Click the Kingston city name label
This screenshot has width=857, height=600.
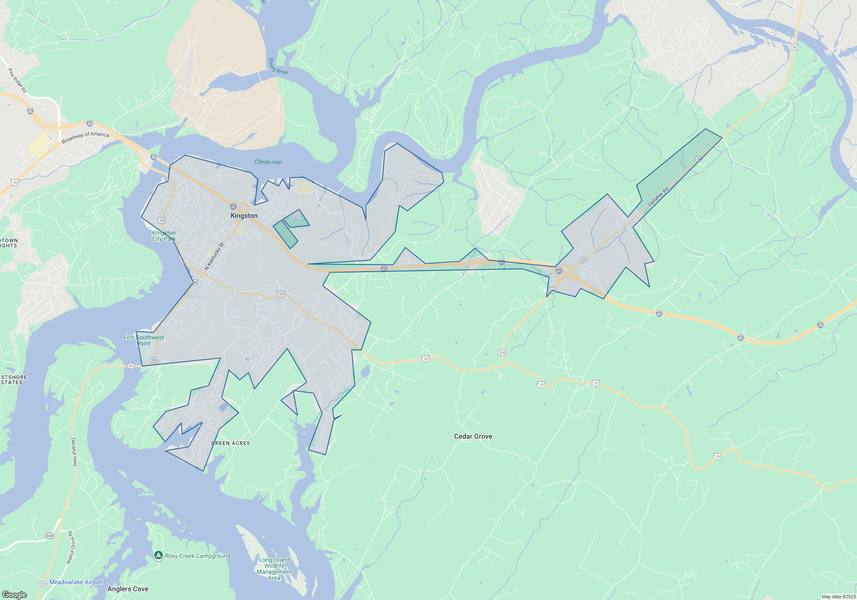pos(244,216)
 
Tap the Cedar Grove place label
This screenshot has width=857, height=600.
pos(473,436)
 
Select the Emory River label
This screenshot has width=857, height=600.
pos(278,66)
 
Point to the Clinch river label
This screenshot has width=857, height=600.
pos(268,162)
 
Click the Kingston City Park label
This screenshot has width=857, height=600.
pos(164,236)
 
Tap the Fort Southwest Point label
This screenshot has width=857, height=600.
pos(144,340)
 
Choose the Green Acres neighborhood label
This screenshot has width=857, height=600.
pos(231,443)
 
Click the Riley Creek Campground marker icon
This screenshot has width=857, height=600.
pos(158,555)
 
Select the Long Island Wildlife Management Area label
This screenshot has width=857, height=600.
pos(274,569)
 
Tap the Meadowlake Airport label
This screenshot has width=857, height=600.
pos(76,582)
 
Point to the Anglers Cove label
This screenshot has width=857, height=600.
pos(128,589)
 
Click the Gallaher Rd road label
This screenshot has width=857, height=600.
pos(658,197)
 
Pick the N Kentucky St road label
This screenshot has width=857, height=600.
pos(214,256)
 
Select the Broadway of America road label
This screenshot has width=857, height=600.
pos(85,138)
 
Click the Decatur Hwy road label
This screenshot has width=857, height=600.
pos(74,452)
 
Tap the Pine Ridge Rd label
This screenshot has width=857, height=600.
pos(17,80)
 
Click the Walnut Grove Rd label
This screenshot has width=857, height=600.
pos(71,547)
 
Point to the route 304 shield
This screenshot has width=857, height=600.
pos(49,536)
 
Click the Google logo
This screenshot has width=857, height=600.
pos(15,594)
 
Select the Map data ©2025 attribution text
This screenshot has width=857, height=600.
pos(839,597)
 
